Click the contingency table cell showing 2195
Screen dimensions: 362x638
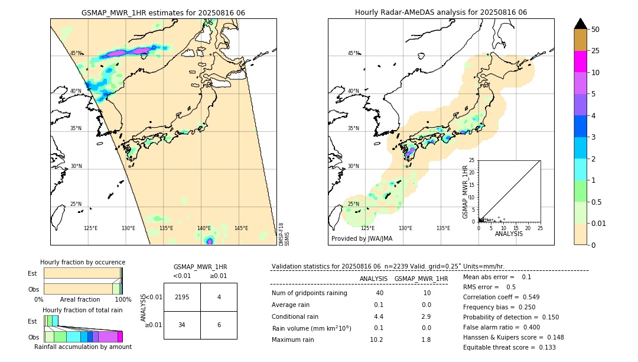pos(182,297)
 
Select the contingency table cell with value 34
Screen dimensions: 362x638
pos(182,325)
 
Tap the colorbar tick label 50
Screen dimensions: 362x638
pos(595,30)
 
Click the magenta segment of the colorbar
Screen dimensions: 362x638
pos(580,62)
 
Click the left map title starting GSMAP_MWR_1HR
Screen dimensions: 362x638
pos(163,12)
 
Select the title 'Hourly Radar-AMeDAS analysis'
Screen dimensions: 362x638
pos(441,12)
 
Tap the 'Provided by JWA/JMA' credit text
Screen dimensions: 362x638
pos(362,239)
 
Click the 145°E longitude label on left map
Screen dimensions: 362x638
pos(241,228)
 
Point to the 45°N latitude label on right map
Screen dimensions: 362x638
pos(353,53)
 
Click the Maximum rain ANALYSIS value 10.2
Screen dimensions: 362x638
pos(376,340)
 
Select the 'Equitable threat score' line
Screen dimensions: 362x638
pos(509,347)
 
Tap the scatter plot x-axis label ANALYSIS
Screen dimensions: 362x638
pos(509,234)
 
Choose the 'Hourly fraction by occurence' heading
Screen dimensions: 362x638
pos(83,262)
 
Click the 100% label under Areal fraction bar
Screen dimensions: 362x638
pos(123,299)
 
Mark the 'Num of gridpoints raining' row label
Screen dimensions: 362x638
pos(310,293)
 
